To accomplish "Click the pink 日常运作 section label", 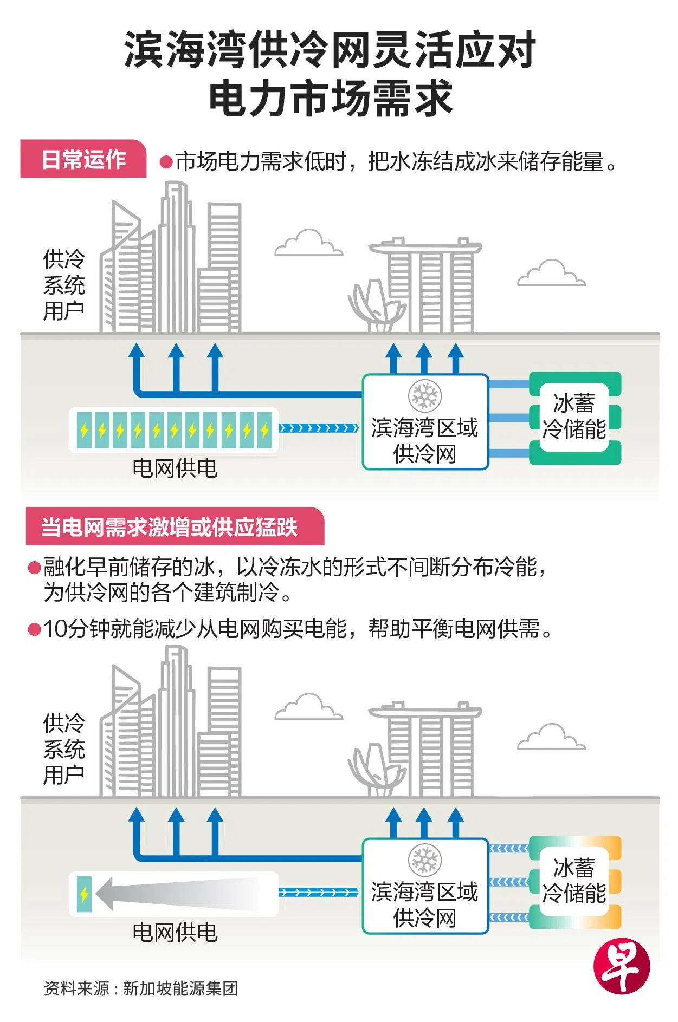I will (x=83, y=159).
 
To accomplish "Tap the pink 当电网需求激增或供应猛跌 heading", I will (x=170, y=526).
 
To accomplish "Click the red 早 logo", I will (x=621, y=966).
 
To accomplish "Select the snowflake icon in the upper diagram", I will (x=425, y=396).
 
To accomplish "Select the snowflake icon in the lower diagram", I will (x=425, y=860).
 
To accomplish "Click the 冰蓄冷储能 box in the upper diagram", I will (x=574, y=418).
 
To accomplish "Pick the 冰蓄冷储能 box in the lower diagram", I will (x=574, y=882).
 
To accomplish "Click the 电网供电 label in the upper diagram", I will (x=175, y=468).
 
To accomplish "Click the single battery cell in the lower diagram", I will (x=84, y=894).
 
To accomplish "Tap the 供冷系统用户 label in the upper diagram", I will (x=64, y=285).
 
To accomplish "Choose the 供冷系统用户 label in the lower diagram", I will (x=64, y=749).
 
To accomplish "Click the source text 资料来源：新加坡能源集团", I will (x=141, y=988).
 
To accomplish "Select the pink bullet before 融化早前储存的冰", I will (x=35, y=568).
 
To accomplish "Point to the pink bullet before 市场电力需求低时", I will (x=166, y=162).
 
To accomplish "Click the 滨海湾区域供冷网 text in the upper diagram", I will (x=425, y=440).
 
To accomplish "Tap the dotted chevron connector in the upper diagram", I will (x=319, y=428).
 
